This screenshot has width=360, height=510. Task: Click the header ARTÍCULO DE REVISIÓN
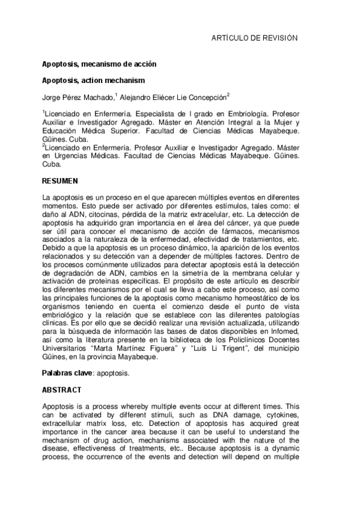point(254,38)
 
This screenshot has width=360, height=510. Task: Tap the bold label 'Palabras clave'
point(66,373)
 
